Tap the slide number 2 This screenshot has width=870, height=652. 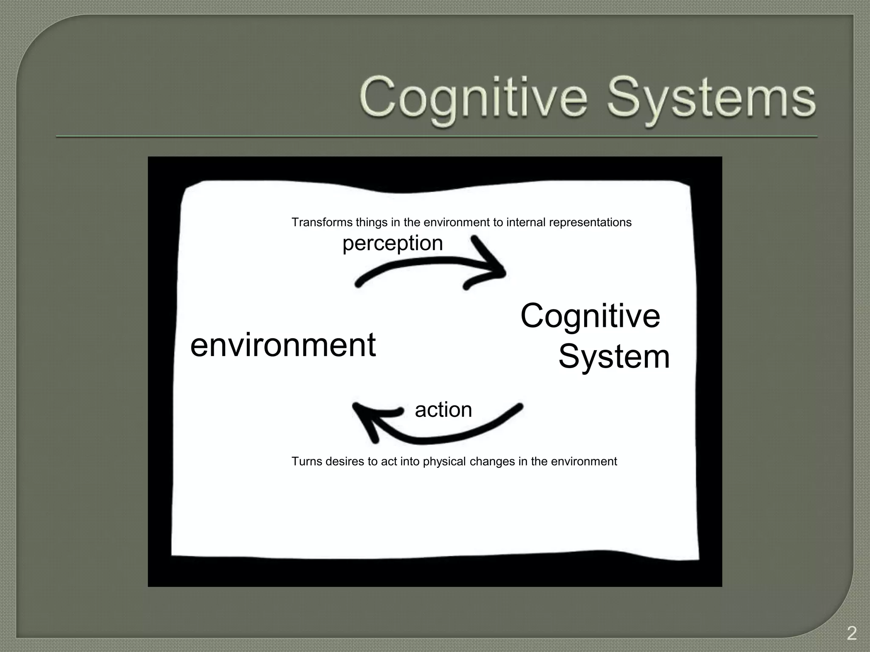pyautogui.click(x=851, y=634)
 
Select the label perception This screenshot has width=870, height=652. pyautogui.click(x=393, y=244)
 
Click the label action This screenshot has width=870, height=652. pyautogui.click(x=443, y=410)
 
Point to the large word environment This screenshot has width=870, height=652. pyautogui.click(x=283, y=345)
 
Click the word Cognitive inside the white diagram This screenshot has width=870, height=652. pyautogui.click(x=590, y=316)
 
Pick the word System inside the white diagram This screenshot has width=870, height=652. pyautogui.click(x=614, y=357)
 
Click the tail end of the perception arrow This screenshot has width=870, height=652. pyautogui.click(x=358, y=284)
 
